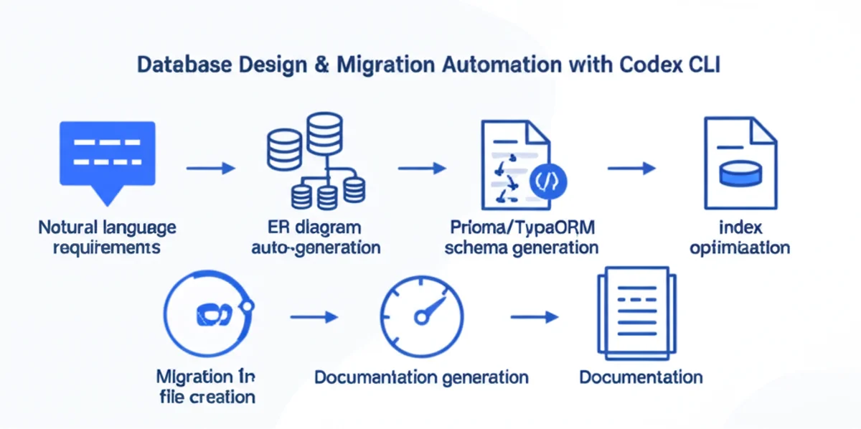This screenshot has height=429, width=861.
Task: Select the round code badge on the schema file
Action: click(549, 181)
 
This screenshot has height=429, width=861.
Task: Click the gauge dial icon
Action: click(421, 315)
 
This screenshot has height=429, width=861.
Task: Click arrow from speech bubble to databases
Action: click(210, 169)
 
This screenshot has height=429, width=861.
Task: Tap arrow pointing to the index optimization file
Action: click(631, 169)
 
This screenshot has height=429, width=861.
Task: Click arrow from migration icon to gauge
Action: click(314, 316)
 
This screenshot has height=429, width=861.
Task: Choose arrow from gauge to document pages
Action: click(534, 316)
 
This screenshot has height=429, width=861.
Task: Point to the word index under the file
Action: click(740, 228)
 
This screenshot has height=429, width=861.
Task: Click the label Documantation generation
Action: click(421, 377)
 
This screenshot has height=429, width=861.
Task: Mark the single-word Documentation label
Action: click(641, 377)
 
